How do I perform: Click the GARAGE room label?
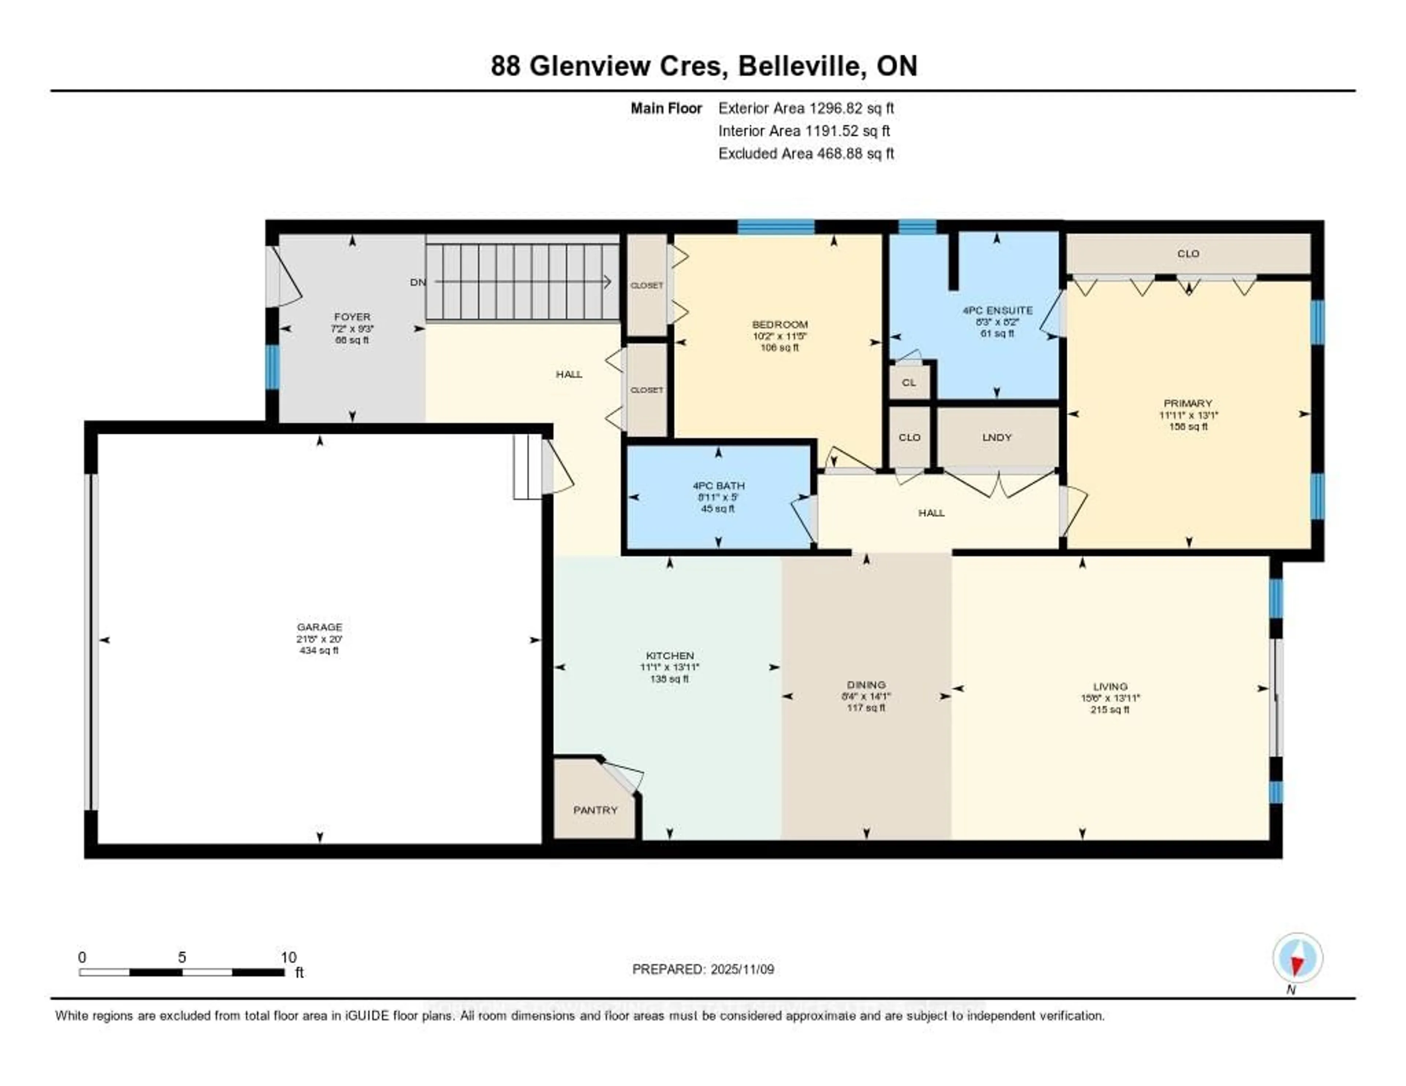coord(319,626)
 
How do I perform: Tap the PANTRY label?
coord(595,810)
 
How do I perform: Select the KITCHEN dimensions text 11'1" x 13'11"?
coord(670,667)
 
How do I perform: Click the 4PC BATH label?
coord(718,486)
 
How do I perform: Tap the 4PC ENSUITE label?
coord(997,310)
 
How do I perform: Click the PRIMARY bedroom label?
coord(1188,403)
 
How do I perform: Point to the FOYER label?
coord(352,317)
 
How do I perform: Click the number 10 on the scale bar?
coord(289,957)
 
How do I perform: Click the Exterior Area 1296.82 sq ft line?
coord(806,108)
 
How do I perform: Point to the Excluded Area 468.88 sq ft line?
coord(806,153)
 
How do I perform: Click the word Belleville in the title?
coord(801,66)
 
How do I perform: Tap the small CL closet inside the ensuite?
coord(908,382)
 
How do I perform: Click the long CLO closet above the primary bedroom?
coord(1188,254)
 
